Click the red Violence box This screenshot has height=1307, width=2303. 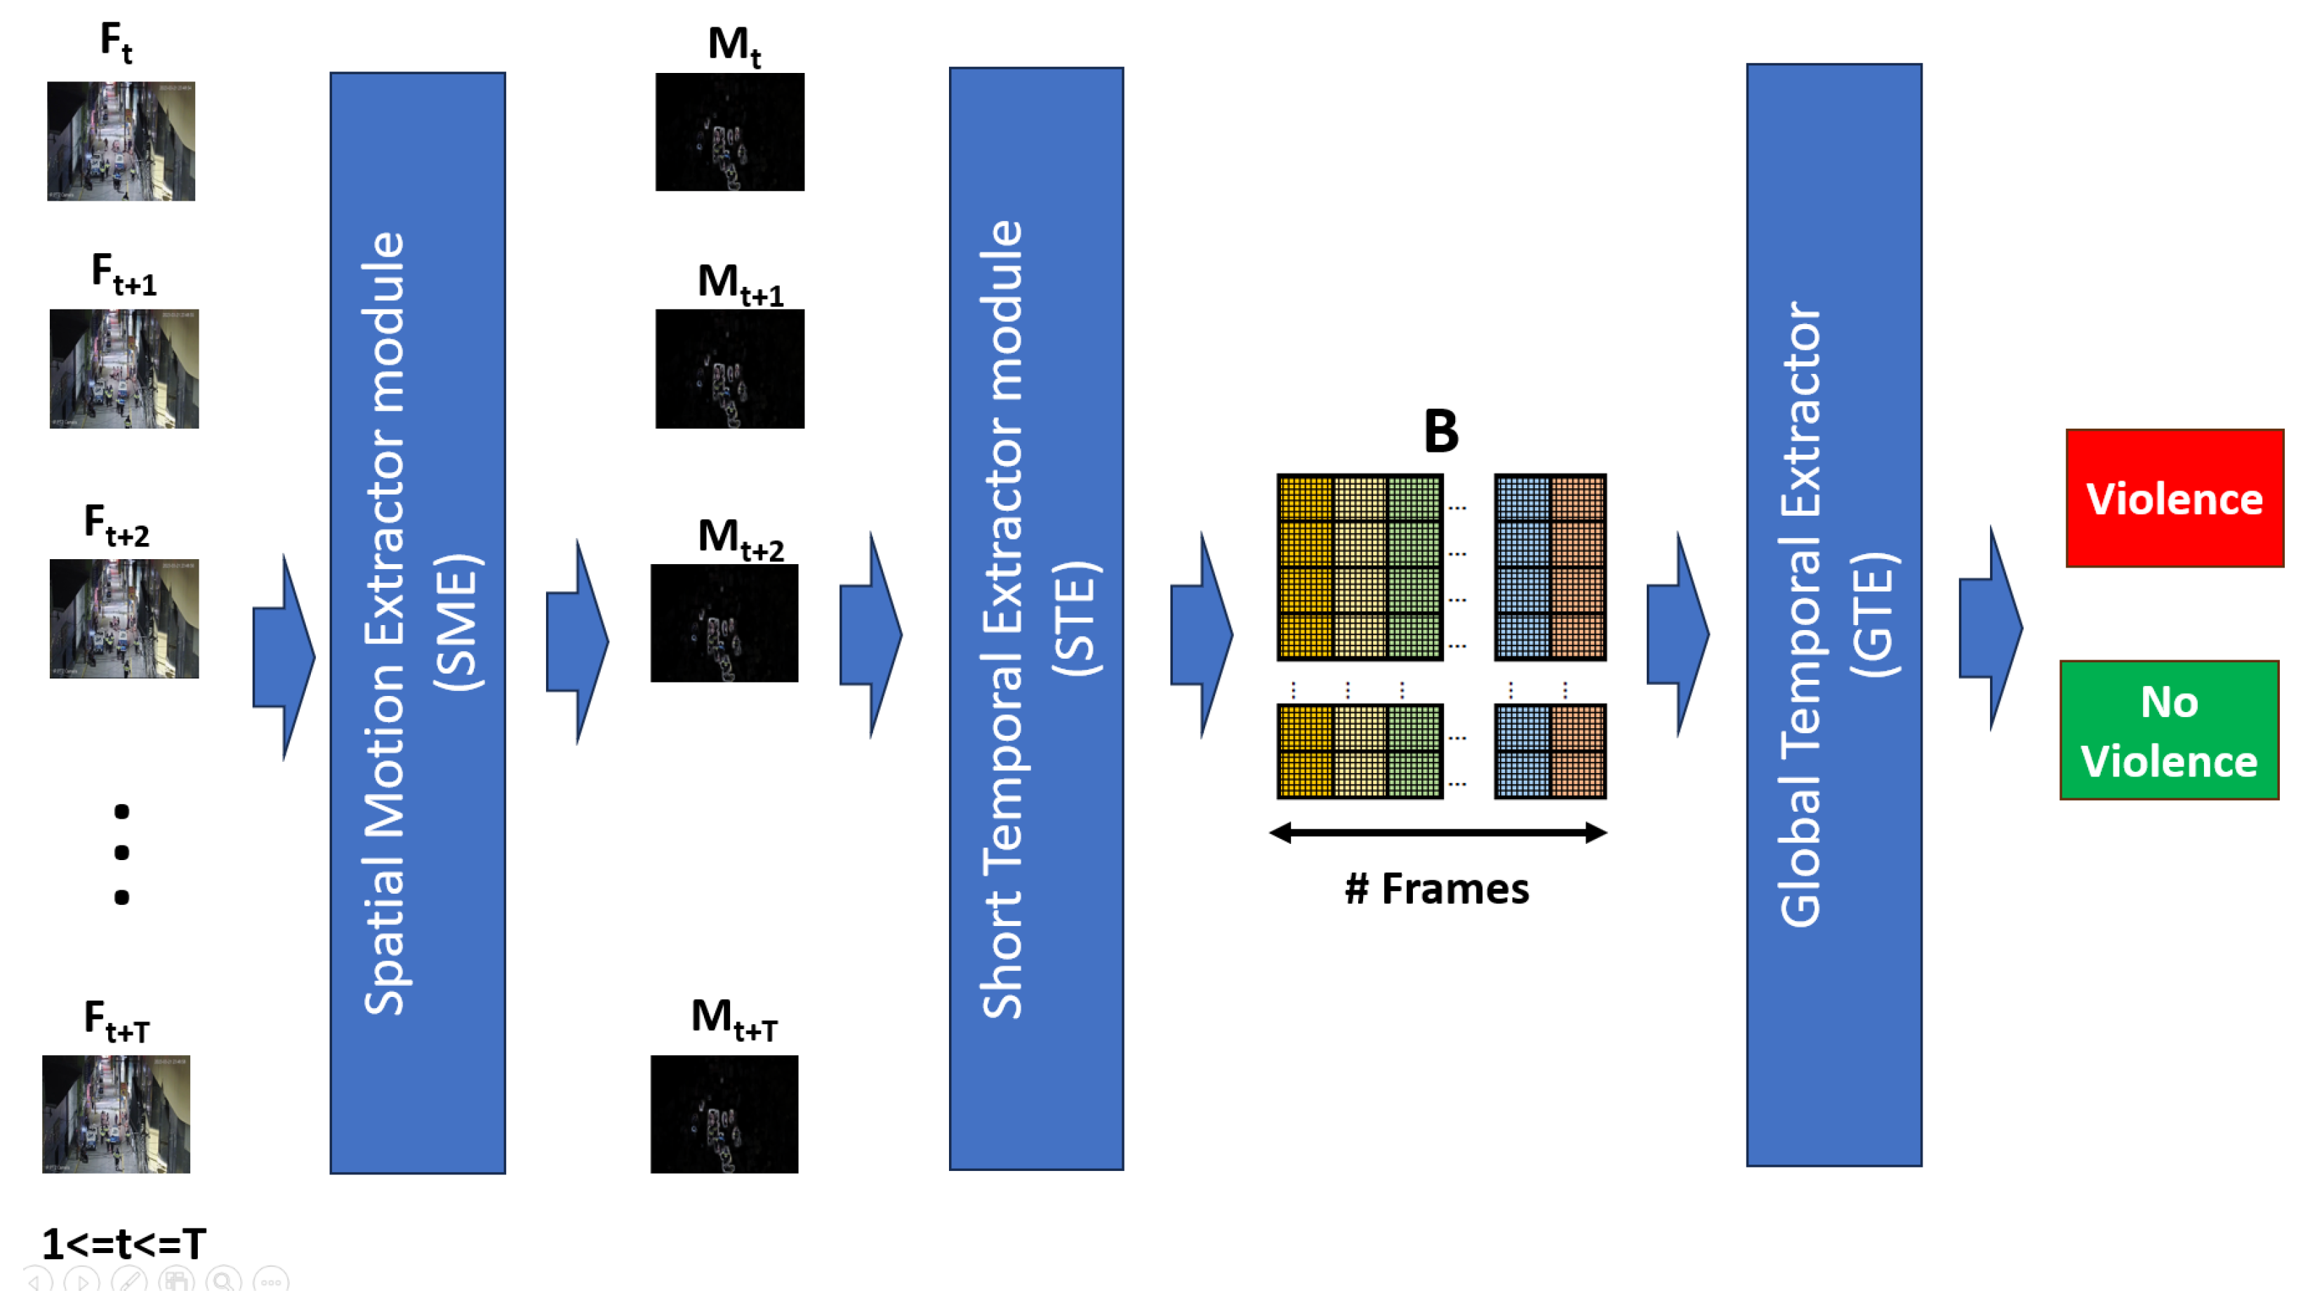point(2173,498)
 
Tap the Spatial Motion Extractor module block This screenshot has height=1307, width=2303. point(417,623)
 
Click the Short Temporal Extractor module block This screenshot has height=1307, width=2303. point(1035,619)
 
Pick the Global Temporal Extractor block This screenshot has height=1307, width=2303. point(1833,615)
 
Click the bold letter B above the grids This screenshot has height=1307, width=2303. point(1440,431)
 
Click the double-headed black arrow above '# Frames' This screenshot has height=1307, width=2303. point(1437,832)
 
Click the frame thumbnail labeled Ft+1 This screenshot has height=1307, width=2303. point(124,368)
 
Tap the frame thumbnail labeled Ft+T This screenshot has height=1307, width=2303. point(116,1113)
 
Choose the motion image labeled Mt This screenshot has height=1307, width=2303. point(729,132)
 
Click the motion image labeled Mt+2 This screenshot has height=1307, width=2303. point(724,622)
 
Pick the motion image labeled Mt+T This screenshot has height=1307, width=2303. point(724,1113)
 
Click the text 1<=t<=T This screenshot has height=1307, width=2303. point(124,1243)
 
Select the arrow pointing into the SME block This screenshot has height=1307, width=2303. point(283,657)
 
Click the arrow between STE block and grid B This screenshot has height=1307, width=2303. point(1201,635)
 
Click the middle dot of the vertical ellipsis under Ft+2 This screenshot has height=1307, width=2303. point(122,852)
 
